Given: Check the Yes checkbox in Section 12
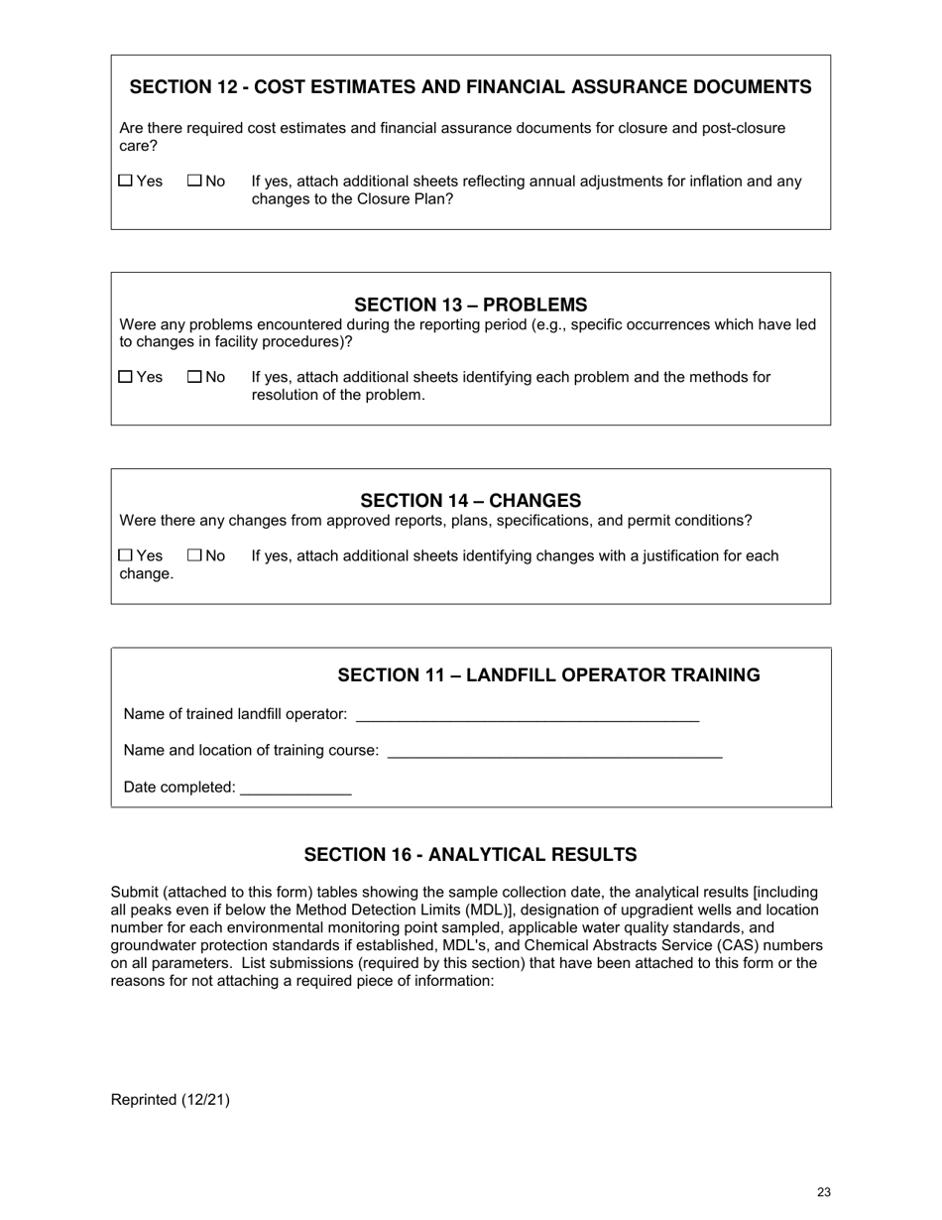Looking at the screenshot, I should (x=125, y=182).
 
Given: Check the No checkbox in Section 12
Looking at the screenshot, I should (x=194, y=182).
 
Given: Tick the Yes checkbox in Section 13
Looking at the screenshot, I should (x=125, y=377).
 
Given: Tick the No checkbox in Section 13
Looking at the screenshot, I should (x=194, y=377).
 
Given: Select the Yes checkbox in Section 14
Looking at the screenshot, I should (x=125, y=555).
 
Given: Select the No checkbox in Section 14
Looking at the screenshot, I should (x=194, y=555).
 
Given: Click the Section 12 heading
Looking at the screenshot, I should (x=470, y=87).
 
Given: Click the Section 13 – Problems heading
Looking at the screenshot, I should (x=470, y=305).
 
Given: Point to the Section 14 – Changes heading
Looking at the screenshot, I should (x=470, y=500).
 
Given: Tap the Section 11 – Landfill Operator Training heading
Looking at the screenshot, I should (x=548, y=675).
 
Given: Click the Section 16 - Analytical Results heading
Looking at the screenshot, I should (x=470, y=855).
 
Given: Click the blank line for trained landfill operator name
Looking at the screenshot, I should (x=527, y=715).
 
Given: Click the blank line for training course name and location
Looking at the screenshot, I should (x=554, y=752).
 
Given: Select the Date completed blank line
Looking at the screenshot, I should (x=295, y=789).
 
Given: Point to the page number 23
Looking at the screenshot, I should (x=824, y=1193).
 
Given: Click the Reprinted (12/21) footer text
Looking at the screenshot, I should (x=170, y=1099).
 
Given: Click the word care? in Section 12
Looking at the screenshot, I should (x=138, y=146).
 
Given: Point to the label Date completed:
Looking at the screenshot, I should (x=179, y=788).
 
